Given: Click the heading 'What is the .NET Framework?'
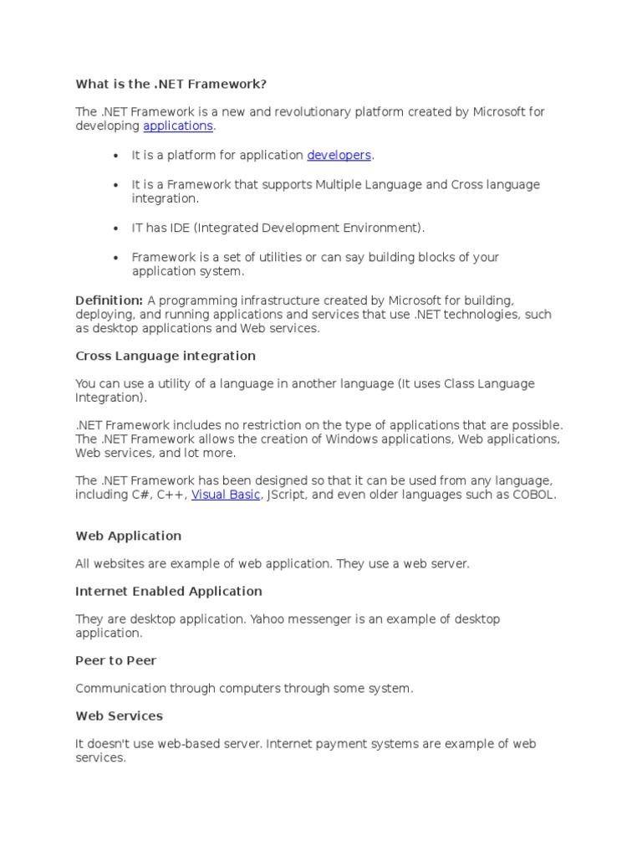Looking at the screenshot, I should point(171,84).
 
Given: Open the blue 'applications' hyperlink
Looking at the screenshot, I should point(178,126).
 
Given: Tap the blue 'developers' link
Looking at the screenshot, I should point(339,155).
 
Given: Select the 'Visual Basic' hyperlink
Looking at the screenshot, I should point(226,495).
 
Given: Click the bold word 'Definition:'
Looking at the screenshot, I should point(110,300).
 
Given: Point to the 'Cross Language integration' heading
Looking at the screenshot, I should point(166,356).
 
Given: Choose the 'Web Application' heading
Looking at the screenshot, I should point(128,536).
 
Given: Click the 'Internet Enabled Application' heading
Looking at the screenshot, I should point(169,591).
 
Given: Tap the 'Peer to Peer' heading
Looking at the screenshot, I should point(116,660).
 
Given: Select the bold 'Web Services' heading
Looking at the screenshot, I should point(119,716).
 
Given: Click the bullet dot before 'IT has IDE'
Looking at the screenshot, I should point(115,228).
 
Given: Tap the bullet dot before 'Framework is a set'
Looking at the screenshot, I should point(115,258).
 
